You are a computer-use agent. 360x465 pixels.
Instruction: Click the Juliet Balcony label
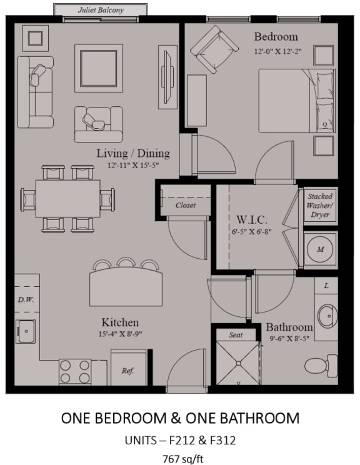(101, 10)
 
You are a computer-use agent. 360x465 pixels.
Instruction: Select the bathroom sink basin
(327, 316)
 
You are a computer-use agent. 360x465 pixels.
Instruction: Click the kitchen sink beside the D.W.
(26, 331)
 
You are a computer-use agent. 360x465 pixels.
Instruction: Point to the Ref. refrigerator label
(127, 371)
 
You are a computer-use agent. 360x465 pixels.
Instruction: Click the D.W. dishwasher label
(26, 299)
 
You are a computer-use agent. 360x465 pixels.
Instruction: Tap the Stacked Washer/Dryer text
(320, 205)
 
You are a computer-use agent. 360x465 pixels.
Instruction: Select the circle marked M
(320, 249)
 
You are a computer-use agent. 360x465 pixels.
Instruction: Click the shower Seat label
(236, 335)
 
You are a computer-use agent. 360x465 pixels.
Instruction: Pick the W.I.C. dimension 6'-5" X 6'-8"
(252, 232)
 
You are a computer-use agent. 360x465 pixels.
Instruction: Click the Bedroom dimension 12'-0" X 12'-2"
(278, 51)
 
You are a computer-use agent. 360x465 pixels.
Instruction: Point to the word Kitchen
(120, 322)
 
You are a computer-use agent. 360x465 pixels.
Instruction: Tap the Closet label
(186, 205)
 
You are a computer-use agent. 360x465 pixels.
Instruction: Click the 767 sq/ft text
(183, 459)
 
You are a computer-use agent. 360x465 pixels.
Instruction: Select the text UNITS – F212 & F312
(180, 441)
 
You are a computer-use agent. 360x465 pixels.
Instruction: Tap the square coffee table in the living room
(99, 68)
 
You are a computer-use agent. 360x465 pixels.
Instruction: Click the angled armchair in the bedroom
(214, 49)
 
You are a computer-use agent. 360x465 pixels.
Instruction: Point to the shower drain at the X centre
(238, 363)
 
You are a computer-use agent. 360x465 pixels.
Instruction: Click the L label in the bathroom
(326, 286)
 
